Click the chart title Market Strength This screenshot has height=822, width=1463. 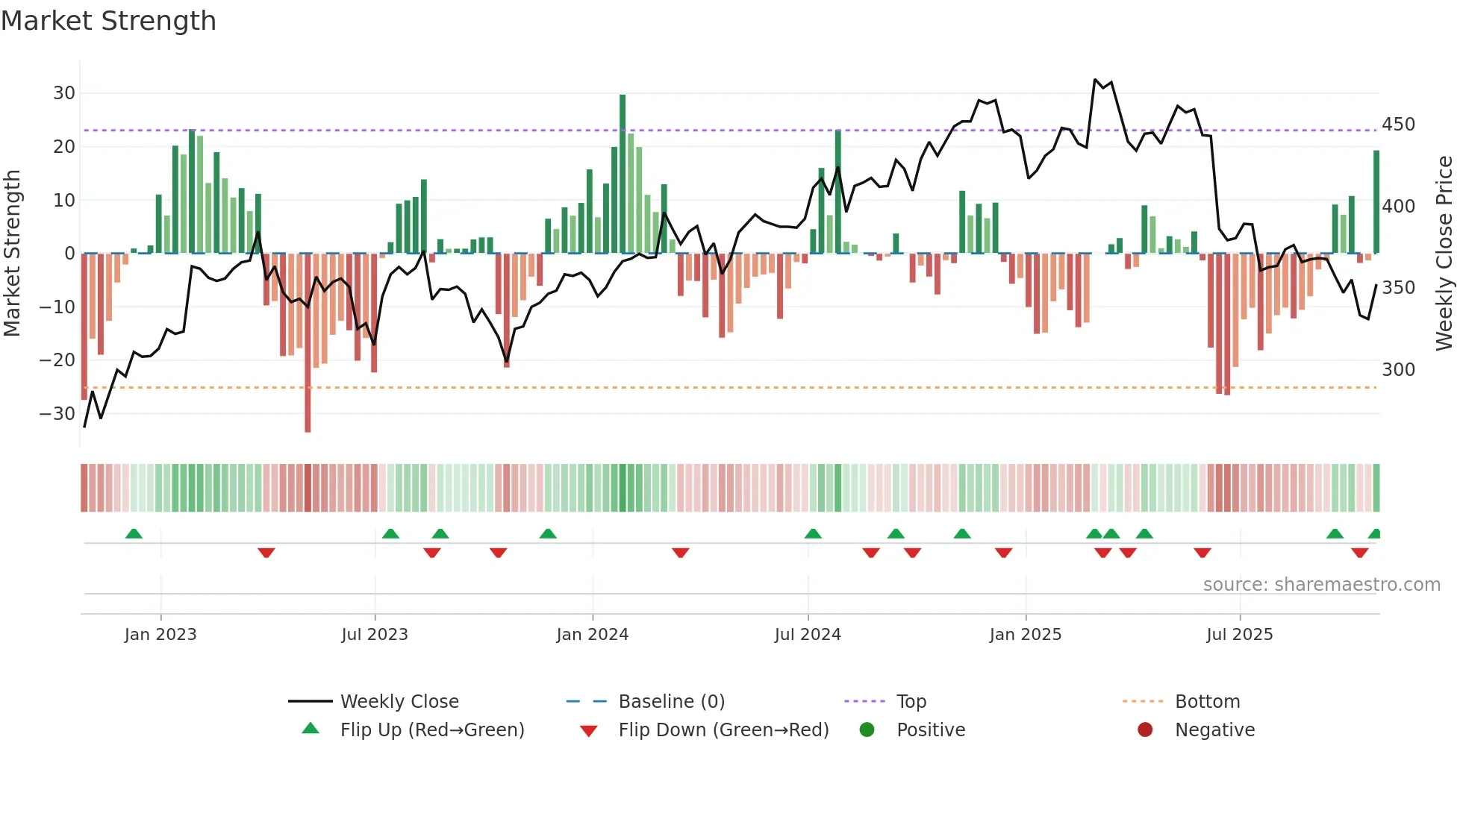click(108, 21)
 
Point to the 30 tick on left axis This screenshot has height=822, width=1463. click(64, 93)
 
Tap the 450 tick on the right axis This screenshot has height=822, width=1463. click(1398, 124)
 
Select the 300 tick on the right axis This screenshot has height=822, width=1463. click(1398, 369)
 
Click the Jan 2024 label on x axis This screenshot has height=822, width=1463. click(593, 635)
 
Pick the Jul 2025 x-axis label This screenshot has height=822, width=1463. click(1240, 635)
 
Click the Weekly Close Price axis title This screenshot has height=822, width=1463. click(1444, 254)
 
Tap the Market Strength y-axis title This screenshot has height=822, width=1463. click(13, 254)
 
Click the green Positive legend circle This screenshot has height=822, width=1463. click(867, 730)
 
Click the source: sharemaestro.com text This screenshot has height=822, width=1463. click(1321, 585)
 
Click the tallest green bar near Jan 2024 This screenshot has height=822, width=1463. click(623, 173)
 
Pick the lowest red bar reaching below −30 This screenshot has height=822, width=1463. click(308, 343)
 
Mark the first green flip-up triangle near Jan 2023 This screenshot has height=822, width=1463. click(134, 533)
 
